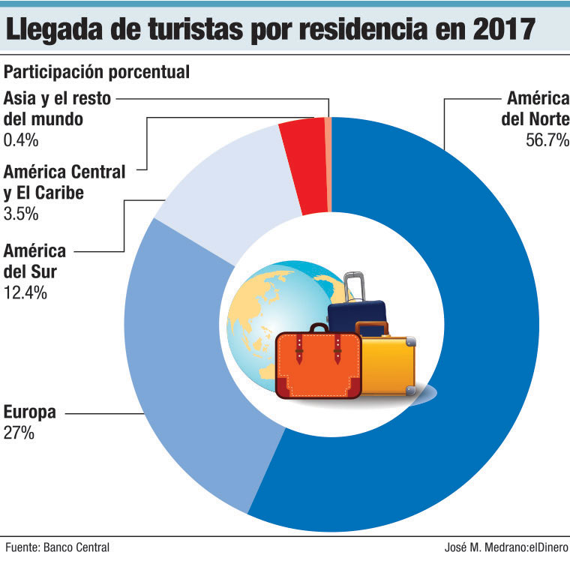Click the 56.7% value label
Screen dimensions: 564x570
click(x=547, y=140)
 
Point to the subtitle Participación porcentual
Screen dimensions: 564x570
click(x=96, y=73)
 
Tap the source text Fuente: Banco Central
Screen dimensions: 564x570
click(x=57, y=547)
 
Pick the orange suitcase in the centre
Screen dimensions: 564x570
click(x=318, y=364)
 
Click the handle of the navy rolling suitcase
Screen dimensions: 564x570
click(x=355, y=285)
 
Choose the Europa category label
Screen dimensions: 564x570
click(x=29, y=412)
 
